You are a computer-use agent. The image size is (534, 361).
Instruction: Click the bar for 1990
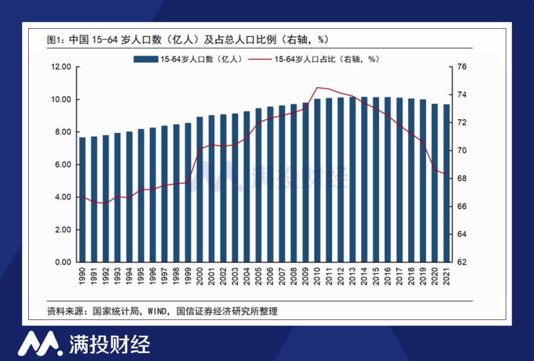tap(83, 200)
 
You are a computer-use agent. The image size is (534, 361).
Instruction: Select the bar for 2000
tap(200, 190)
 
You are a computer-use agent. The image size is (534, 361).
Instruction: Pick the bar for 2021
tap(446, 183)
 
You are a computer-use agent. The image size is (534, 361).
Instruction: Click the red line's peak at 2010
tap(317, 87)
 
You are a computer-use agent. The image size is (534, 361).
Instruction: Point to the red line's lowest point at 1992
tap(106, 203)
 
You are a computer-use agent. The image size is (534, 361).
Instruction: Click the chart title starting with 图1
tap(188, 40)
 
